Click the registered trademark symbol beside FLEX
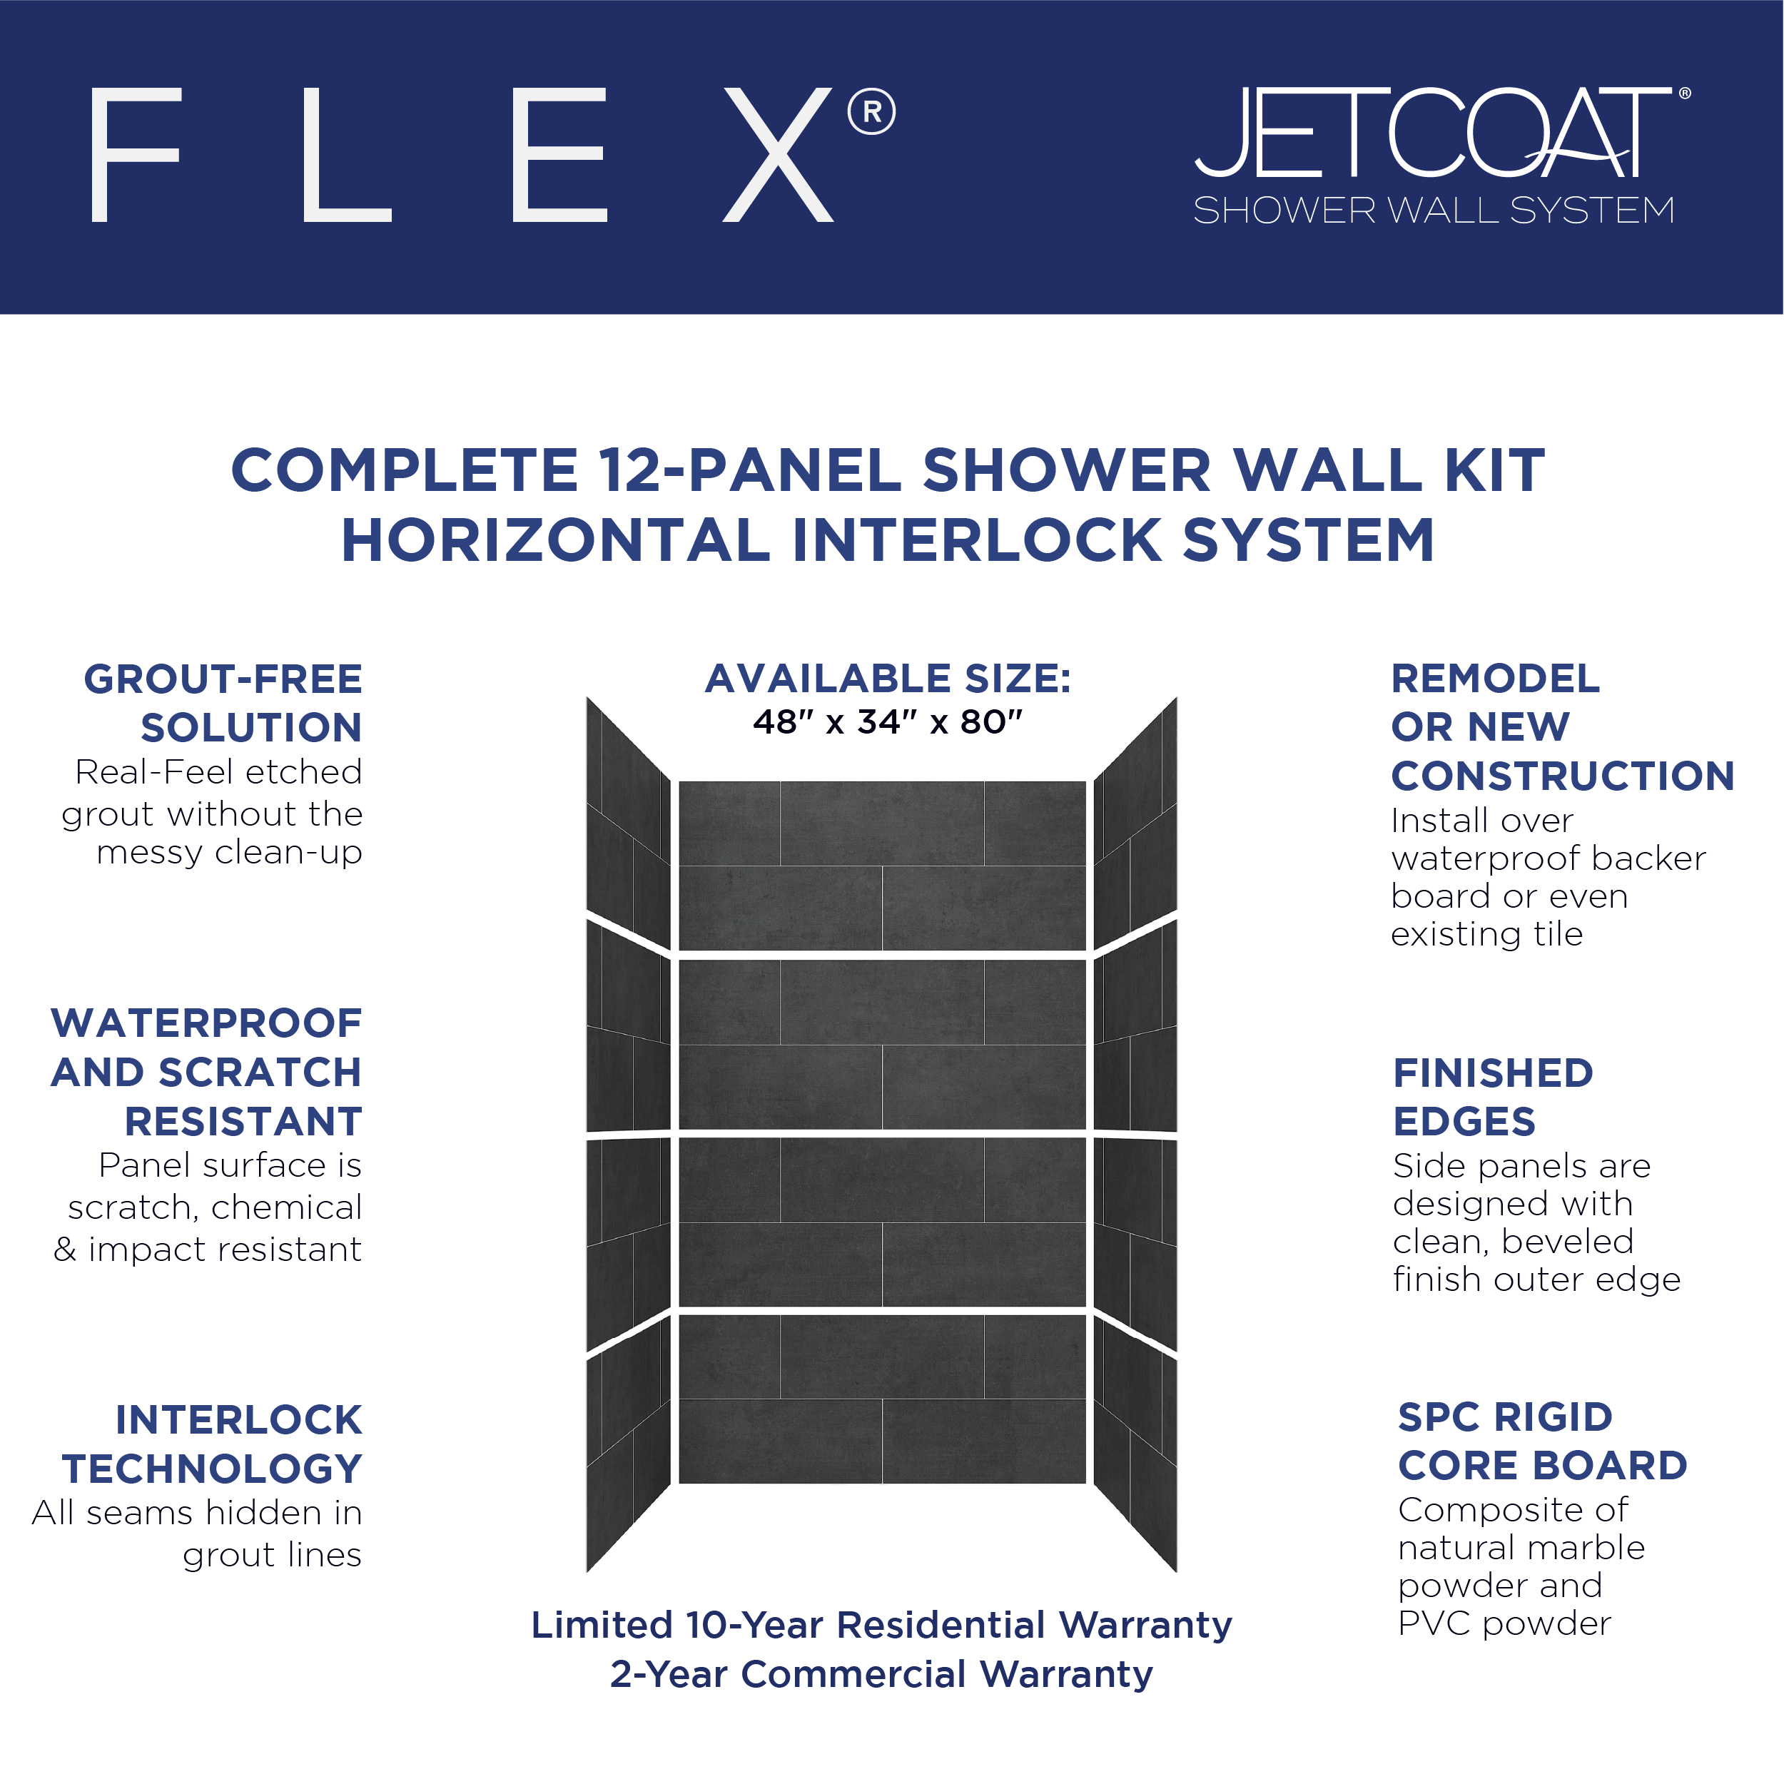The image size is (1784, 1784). tap(871, 112)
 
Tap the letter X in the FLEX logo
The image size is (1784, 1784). tap(778, 155)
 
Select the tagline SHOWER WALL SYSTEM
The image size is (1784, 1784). tap(1434, 211)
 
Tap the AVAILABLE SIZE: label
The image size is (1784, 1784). tap(888, 679)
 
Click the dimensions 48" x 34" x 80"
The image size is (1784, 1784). tap(888, 722)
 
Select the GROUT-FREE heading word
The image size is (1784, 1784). tap(223, 679)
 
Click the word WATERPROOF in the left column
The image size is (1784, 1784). tap(207, 1023)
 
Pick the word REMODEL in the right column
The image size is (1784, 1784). tap(1495, 679)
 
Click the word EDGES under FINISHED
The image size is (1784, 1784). tap(1464, 1122)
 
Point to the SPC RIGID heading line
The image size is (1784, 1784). tap(1505, 1417)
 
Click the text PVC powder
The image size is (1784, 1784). tap(1504, 1624)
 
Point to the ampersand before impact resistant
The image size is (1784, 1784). tap(65, 1250)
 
